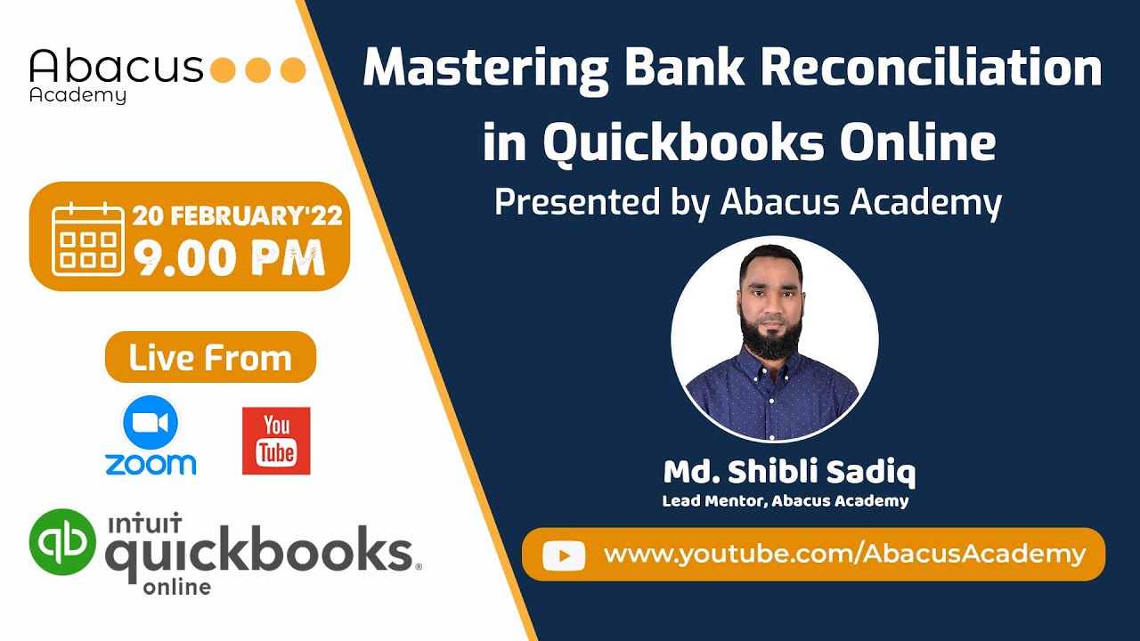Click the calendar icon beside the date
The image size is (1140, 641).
pyautogui.click(x=88, y=239)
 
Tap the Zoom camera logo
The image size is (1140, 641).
pyautogui.click(x=151, y=423)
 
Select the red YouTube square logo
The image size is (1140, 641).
pyautogui.click(x=276, y=441)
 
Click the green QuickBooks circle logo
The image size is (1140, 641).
pyautogui.click(x=62, y=541)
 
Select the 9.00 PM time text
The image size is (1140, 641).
pyautogui.click(x=229, y=257)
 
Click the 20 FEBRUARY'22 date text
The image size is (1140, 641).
pyautogui.click(x=238, y=216)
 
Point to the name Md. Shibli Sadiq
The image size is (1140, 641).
pyautogui.click(x=789, y=473)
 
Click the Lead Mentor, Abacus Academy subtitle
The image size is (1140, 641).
pyautogui.click(x=785, y=501)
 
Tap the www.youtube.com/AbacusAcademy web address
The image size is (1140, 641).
pyautogui.click(x=844, y=555)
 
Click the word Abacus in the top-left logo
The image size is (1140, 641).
pyautogui.click(x=116, y=67)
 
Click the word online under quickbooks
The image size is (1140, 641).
pyautogui.click(x=176, y=587)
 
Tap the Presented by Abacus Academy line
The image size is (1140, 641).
pyautogui.click(x=748, y=203)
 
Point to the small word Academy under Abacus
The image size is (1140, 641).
pyautogui.click(x=77, y=96)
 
